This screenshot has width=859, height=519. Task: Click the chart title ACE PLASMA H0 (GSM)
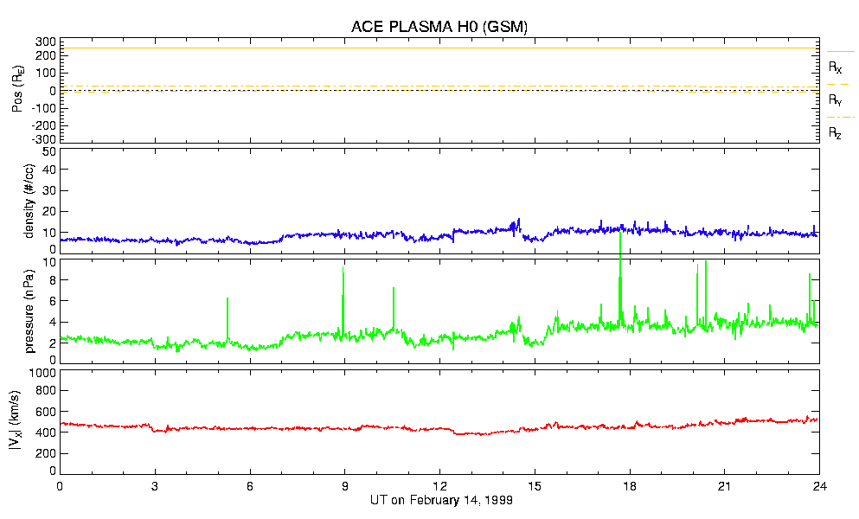point(439,27)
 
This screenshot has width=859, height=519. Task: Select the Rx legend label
point(836,67)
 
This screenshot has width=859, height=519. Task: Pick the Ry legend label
point(836,100)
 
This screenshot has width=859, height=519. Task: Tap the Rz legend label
point(836,133)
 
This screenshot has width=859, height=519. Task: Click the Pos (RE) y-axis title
point(15,91)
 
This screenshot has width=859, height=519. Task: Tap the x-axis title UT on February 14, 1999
point(439,501)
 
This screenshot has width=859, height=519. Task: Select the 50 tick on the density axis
point(48,151)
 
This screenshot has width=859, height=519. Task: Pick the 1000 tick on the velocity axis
point(42,373)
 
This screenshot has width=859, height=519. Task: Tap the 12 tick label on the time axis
point(439,486)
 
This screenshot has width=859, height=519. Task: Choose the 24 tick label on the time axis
point(819,486)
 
